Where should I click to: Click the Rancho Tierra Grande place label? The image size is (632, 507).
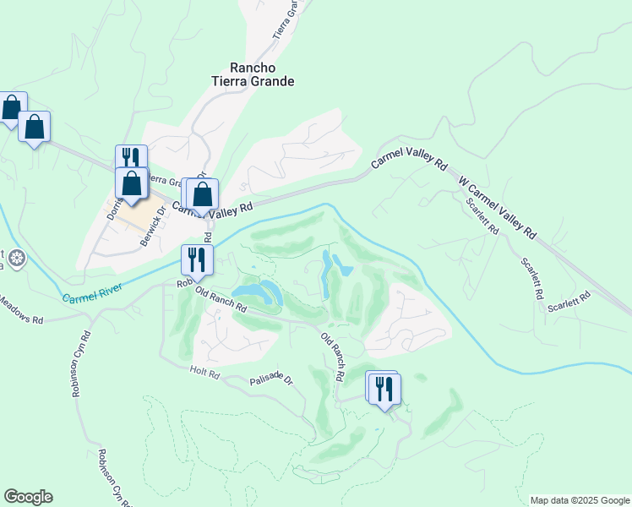click(263, 74)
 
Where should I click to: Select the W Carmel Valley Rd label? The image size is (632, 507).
click(497, 206)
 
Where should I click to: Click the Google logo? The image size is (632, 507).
click(28, 497)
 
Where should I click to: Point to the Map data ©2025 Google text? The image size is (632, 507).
click(580, 500)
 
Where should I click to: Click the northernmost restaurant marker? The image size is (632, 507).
click(131, 158)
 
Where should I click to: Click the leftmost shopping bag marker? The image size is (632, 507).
click(11, 107)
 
